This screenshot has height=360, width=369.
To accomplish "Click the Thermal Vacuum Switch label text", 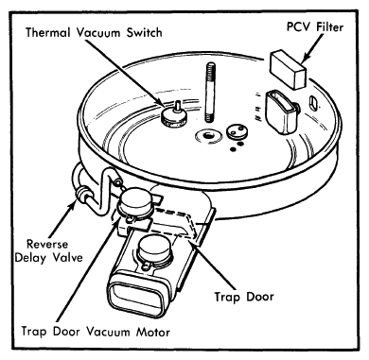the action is (94, 32).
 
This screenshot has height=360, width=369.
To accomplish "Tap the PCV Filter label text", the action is (315, 27).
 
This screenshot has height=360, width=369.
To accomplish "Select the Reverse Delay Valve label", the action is (49, 251).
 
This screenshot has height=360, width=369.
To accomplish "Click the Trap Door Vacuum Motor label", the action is (96, 332).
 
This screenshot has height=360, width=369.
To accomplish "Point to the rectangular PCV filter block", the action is (288, 70).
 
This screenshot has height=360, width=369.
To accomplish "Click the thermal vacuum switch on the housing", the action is (174, 116).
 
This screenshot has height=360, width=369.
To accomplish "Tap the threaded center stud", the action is (211, 92).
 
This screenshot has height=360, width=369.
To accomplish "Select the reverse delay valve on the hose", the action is (83, 193).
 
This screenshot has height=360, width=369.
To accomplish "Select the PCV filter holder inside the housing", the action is (282, 111).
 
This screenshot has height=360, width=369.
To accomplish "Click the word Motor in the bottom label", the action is (153, 332).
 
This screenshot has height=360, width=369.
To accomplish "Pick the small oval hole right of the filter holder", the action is (313, 103).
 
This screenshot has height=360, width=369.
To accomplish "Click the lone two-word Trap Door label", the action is (244, 297).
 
